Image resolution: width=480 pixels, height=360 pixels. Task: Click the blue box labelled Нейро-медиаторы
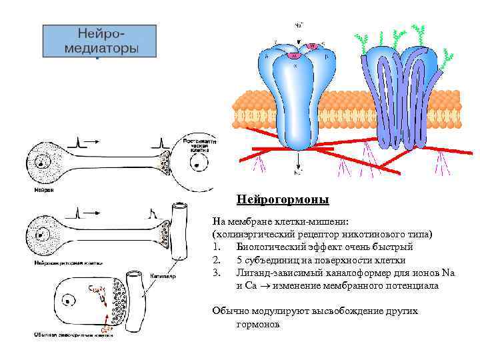100,41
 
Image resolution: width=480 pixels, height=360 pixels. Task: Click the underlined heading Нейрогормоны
283,199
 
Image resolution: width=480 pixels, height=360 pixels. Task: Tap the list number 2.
215,259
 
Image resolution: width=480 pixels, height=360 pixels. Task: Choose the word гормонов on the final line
258,323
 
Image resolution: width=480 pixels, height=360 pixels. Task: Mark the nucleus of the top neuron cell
42,161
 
